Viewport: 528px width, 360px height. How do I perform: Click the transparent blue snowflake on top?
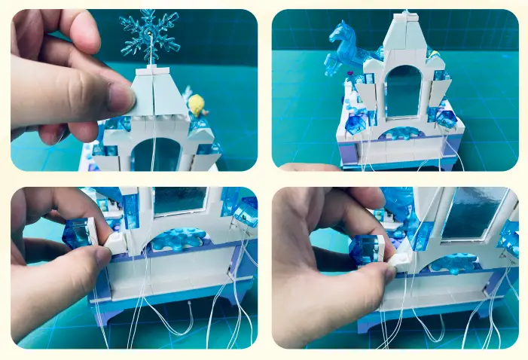(x=149, y=34)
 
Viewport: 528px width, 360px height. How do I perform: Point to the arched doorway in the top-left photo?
(x=157, y=154)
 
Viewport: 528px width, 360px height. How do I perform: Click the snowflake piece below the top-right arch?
(x=401, y=133)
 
